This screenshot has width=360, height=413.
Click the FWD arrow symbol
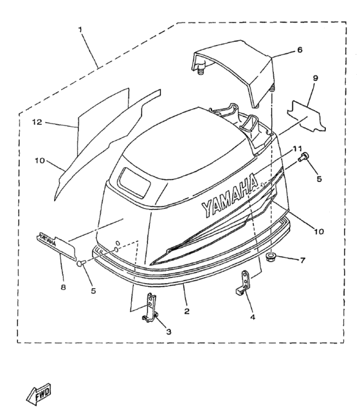coord(39,394)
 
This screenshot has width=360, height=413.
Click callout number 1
coord(80,30)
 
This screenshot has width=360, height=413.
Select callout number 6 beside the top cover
coord(300,50)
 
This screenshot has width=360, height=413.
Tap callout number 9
coord(315,78)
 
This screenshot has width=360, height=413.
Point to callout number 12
coord(37,122)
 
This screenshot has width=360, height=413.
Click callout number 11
coord(298,149)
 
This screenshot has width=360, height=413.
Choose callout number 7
coord(303,261)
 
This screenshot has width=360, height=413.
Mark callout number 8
coord(63,287)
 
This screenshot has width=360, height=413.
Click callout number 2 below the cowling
coord(186,311)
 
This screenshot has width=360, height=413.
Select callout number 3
coord(168,331)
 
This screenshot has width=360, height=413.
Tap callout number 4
coord(253,317)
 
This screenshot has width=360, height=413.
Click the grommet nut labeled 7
coord(270,257)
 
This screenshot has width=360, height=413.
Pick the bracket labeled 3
coord(150,307)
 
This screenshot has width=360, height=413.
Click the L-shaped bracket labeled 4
coord(243,282)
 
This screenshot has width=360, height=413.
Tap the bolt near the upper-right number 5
coord(303,157)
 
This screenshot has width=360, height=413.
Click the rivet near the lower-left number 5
coord(82,263)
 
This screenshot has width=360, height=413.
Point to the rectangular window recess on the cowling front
coord(134,182)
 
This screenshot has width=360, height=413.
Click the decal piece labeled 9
coord(306,116)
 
